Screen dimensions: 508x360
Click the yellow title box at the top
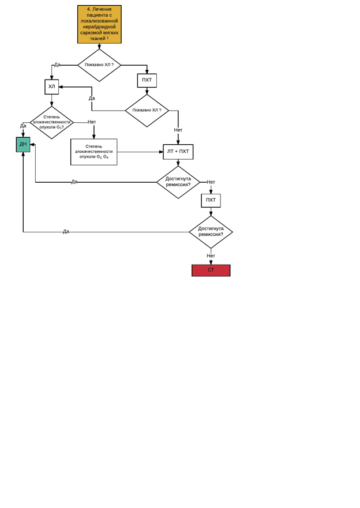tap(99, 24)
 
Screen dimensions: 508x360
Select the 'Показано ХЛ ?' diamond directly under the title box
tap(99, 65)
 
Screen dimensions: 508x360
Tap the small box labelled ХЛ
tap(51, 87)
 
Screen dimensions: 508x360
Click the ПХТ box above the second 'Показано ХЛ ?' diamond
tap(147, 80)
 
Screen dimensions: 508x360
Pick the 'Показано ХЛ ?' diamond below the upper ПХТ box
tap(147, 110)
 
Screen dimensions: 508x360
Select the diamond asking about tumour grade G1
tap(51, 122)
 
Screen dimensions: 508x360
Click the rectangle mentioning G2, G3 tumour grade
tap(93, 152)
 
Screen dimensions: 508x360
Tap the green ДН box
tap(23, 144)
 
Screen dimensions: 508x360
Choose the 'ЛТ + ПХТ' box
tap(178, 152)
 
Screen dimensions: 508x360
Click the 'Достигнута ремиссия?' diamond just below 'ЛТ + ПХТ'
tap(178, 182)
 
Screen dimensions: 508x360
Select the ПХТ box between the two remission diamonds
tap(211, 200)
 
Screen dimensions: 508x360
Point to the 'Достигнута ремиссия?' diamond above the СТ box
tap(211, 232)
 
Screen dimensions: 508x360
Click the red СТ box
tap(211, 270)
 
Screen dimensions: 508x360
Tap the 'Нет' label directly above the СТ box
tap(211, 255)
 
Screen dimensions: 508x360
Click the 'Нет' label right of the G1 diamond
tap(92, 122)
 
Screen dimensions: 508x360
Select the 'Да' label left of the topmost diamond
tap(57, 65)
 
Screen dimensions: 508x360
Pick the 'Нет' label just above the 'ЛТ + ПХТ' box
tap(178, 130)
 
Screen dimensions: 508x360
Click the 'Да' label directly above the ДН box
tap(23, 126)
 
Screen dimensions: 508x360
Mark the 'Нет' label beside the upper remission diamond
tap(211, 182)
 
